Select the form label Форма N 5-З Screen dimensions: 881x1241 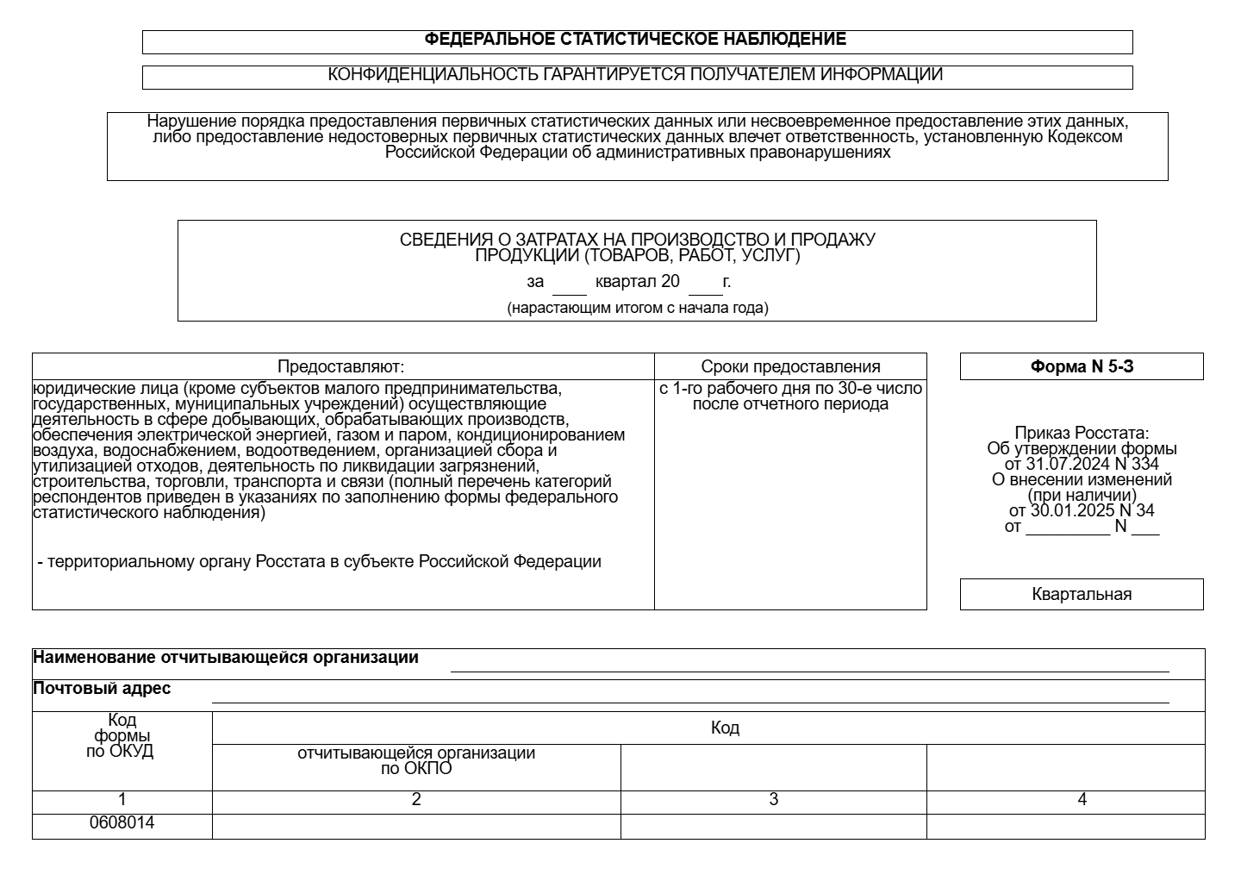[1082, 366]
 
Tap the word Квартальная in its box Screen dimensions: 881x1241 [1082, 594]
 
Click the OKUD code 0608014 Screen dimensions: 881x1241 [122, 822]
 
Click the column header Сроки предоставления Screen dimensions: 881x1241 [790, 366]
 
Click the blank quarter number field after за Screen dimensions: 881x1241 [570, 284]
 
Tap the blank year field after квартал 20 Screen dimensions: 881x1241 [705, 284]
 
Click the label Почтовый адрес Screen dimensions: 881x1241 [102, 688]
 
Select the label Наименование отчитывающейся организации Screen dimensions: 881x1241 [226, 658]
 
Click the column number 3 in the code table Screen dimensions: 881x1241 [773, 800]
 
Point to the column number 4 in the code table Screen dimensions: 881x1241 [1082, 800]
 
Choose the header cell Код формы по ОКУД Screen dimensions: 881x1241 [122, 735]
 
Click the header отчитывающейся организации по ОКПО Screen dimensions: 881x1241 [416, 760]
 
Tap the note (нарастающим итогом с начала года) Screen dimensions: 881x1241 [638, 308]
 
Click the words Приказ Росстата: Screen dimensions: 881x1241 [1082, 433]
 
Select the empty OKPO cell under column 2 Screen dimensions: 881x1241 [416, 826]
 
